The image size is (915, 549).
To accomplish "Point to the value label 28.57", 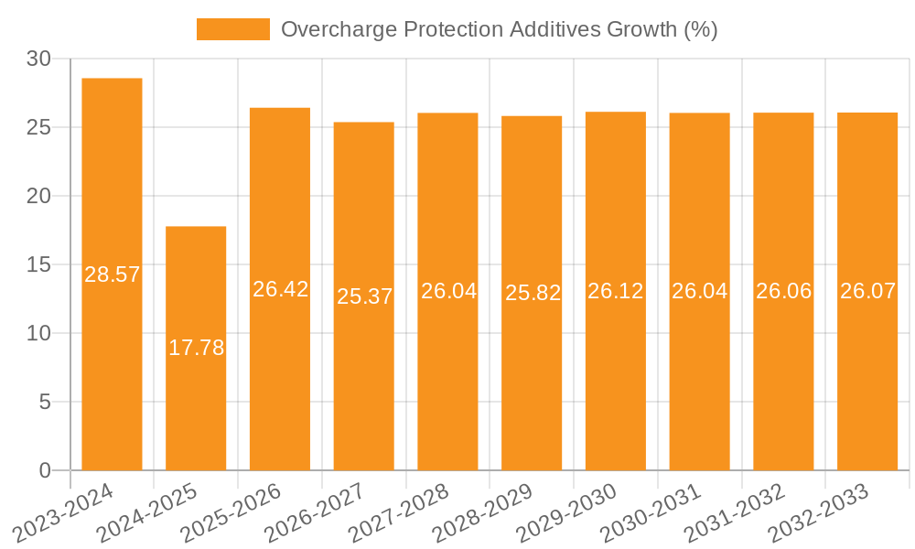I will click(x=112, y=274).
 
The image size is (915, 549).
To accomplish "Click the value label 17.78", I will click(x=196, y=348).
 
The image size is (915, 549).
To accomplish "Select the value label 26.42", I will click(x=280, y=289).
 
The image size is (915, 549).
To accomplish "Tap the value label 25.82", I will click(x=532, y=293).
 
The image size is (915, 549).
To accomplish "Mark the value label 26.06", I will click(x=783, y=291).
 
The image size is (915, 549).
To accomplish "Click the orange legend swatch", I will click(x=232, y=29).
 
